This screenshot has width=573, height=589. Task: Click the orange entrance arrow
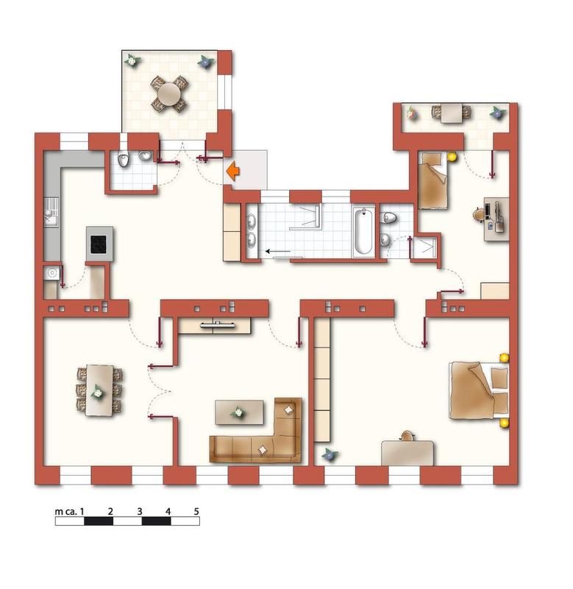pos(233,172)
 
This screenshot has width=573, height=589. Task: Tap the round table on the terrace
pos(169,94)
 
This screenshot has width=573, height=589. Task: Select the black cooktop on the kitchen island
pos(99,244)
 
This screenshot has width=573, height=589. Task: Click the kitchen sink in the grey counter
pos(51,213)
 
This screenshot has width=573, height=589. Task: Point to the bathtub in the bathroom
pos(363,231)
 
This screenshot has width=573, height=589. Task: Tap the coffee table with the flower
pos(239,412)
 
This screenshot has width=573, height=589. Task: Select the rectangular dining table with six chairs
pos(100,390)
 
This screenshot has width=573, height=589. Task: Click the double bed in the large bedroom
pos(479,390)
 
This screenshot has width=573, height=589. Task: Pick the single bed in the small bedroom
pos(433,180)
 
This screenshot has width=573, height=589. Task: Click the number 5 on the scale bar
pos(196,511)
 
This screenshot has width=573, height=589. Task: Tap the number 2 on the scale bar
pos(110,511)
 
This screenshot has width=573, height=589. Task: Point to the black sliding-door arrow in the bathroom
pos(278,251)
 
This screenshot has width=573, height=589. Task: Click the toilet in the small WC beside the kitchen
pos(123,160)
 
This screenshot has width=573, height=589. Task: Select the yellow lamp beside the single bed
pos(452,157)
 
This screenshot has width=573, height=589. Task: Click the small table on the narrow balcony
pos(452,113)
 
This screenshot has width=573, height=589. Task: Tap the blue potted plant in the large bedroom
pos(330,454)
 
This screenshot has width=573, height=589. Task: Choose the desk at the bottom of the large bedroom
pos(407,453)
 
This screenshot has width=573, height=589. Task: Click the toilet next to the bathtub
pos(388,217)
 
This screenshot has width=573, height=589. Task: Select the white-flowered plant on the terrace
pos(132,60)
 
